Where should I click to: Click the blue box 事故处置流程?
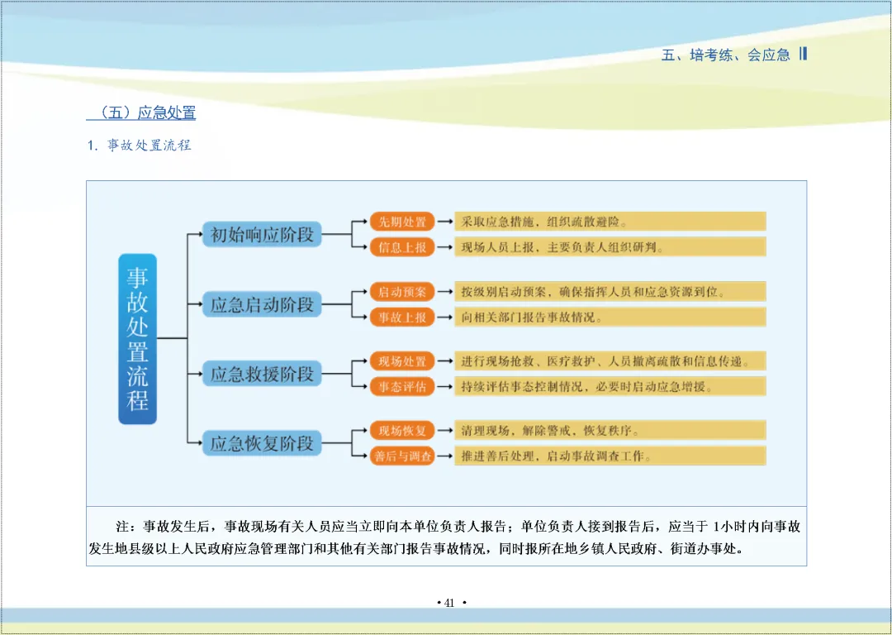coord(137,338)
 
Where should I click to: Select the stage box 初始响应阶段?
coord(262,234)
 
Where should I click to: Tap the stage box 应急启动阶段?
coord(262,304)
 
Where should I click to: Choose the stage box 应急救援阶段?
coord(262,374)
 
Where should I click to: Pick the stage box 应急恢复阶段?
coord(262,443)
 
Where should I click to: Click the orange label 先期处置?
coord(401,222)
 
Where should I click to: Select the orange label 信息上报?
coord(401,246)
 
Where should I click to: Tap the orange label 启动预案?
coord(401,292)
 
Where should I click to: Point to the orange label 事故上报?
coord(401,317)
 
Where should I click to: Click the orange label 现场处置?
coord(401,361)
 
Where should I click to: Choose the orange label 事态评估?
coord(401,386)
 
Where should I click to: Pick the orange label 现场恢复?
coord(401,431)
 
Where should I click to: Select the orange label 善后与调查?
coord(402,456)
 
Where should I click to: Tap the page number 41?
coord(450,603)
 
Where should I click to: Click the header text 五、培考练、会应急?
coord(726,55)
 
